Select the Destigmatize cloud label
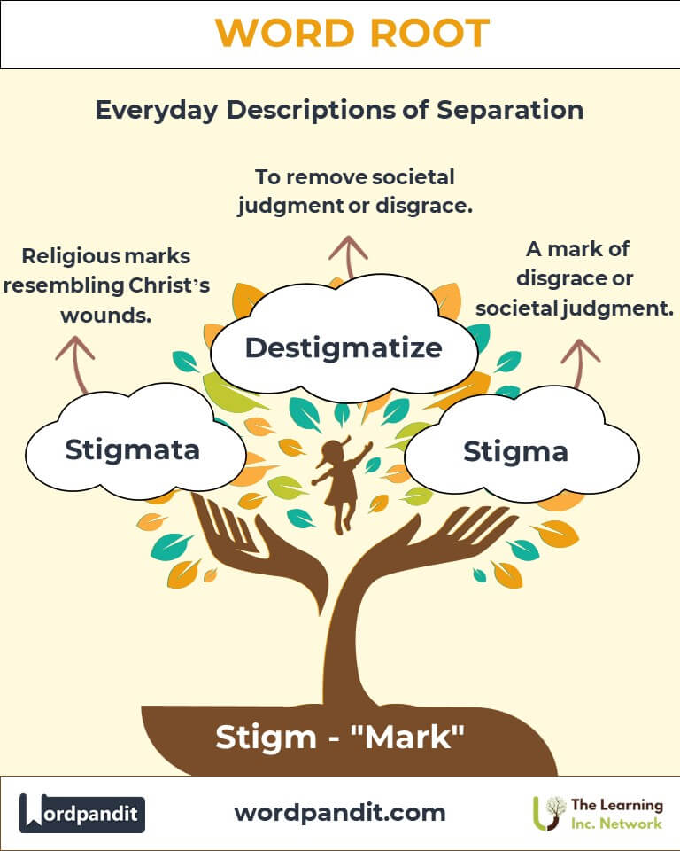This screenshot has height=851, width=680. pos(343,347)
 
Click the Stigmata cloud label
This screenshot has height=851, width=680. pos(132,449)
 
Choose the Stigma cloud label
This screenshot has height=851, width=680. pos(515,451)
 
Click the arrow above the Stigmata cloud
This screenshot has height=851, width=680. pos(74,363)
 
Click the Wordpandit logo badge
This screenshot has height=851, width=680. pos(82,813)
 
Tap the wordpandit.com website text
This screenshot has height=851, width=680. pos(340,812)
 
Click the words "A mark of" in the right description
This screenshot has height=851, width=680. pos(577,249)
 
